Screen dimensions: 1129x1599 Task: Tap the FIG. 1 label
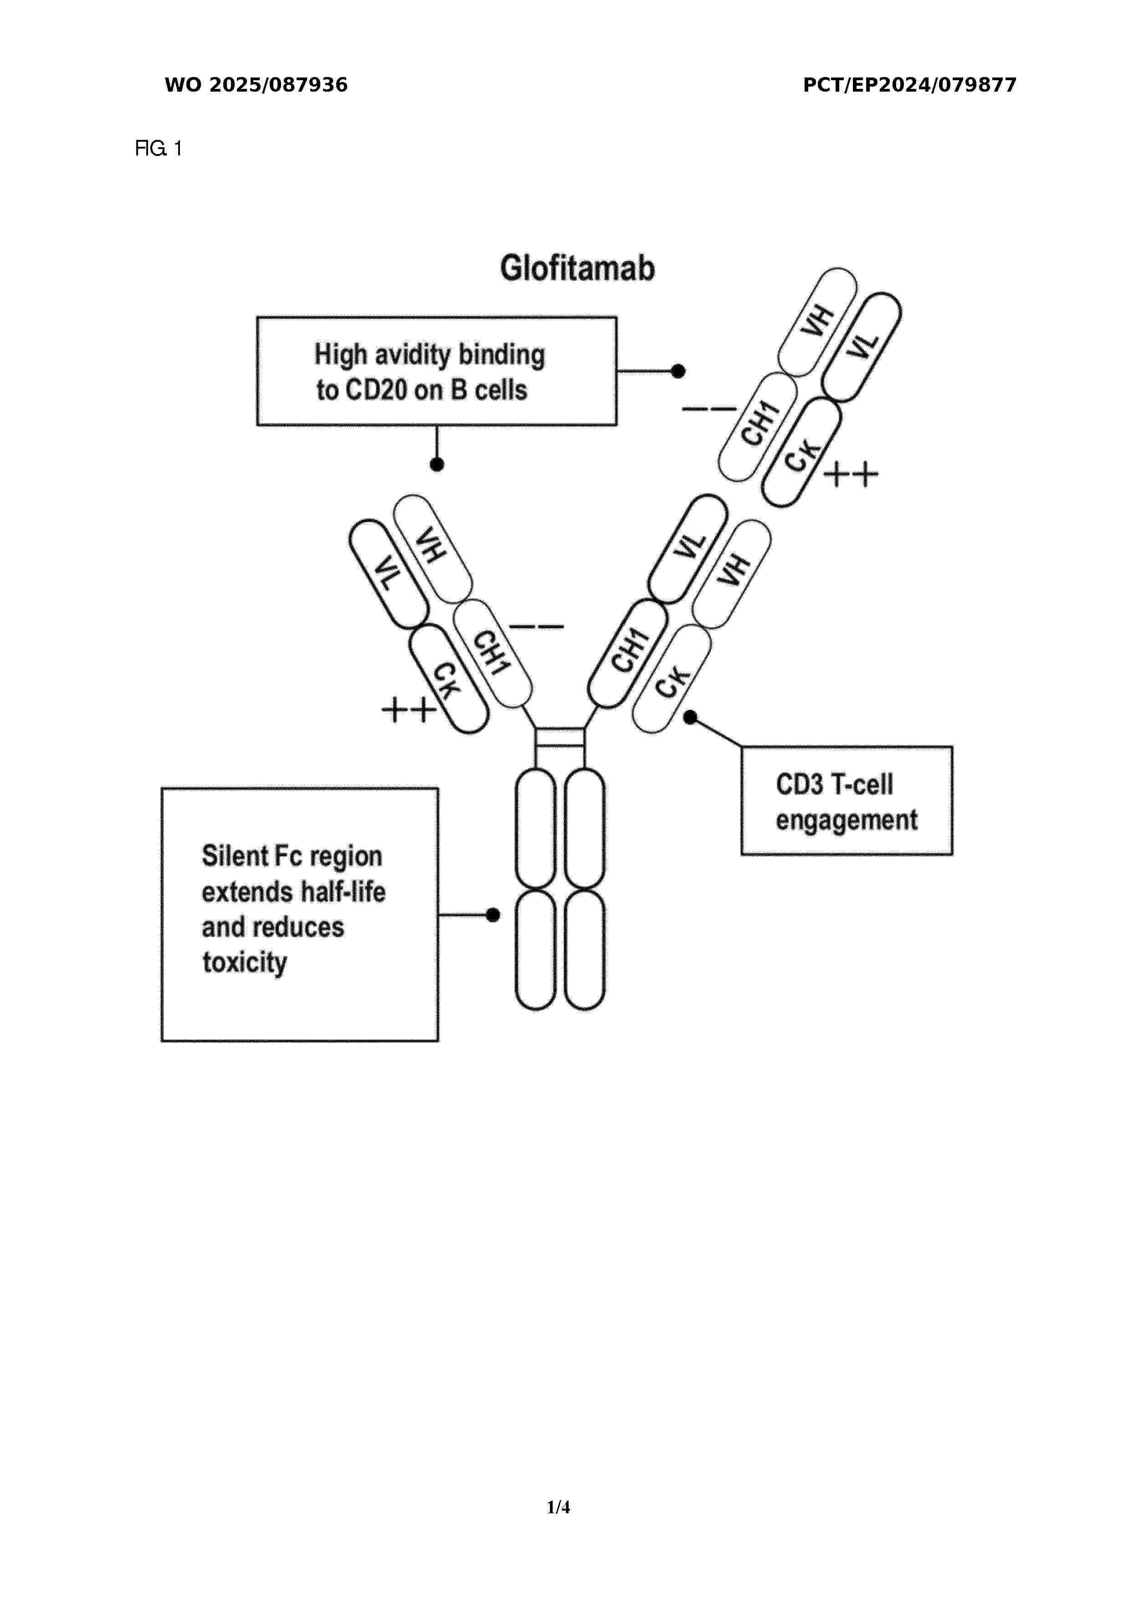[x=158, y=148]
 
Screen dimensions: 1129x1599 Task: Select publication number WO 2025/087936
[x=256, y=85]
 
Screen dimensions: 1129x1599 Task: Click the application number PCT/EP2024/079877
[x=910, y=85]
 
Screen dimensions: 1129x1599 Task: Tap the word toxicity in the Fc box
[x=244, y=963]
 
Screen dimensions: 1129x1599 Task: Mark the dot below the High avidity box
[x=437, y=464]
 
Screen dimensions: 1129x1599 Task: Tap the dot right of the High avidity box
[x=678, y=371]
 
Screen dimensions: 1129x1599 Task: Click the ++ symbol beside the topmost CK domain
[x=851, y=475]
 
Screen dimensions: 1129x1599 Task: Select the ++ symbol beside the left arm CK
[x=409, y=710]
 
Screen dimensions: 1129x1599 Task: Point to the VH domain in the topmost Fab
[x=817, y=322]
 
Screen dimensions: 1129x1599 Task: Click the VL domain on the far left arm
[x=388, y=574]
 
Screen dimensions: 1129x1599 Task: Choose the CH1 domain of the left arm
[x=492, y=653]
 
